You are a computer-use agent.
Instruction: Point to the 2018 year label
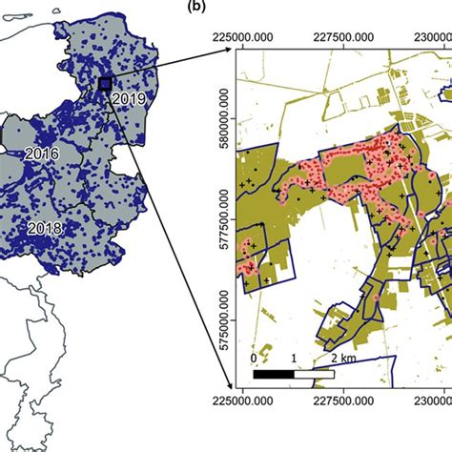pos(45,228)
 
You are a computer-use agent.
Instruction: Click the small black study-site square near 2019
pos(104,85)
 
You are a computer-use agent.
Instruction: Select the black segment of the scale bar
pos(275,373)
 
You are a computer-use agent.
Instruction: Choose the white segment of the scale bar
pos(315,373)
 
